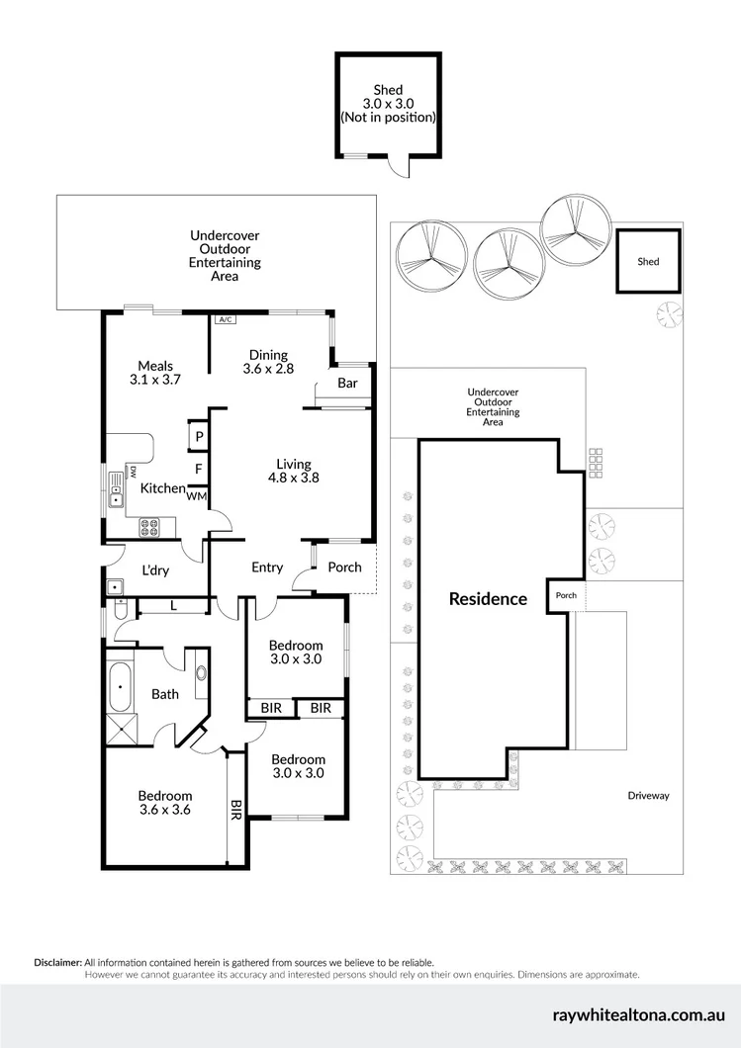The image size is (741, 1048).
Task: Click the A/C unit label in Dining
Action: coord(225,319)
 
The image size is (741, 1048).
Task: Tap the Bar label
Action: coord(347,383)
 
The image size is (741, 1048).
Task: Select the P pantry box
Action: coord(198,436)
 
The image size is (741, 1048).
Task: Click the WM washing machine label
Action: coord(196,496)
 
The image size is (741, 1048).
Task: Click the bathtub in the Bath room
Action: coord(121,686)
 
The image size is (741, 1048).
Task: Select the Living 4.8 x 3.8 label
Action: coord(293,471)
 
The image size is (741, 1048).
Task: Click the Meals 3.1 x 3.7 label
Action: coord(155,373)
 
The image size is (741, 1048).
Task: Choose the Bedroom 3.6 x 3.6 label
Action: coord(164,802)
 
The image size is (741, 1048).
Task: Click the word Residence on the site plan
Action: coord(488,599)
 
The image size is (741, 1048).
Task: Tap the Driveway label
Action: coord(648,795)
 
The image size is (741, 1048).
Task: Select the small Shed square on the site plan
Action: coord(648,262)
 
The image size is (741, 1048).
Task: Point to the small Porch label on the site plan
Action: coord(566,595)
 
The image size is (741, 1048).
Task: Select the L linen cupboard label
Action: coord(173,605)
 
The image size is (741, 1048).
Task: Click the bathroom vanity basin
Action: coord(203,674)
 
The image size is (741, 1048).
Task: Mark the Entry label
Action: coord(267,568)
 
